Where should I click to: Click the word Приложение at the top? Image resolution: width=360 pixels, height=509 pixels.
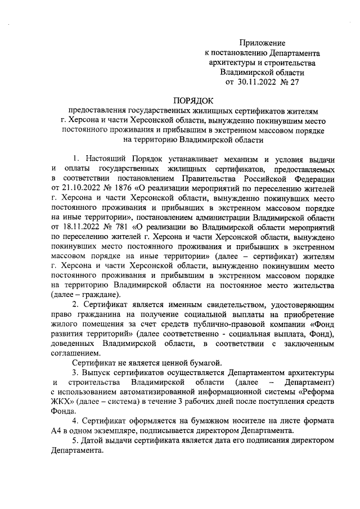point(263,43)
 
